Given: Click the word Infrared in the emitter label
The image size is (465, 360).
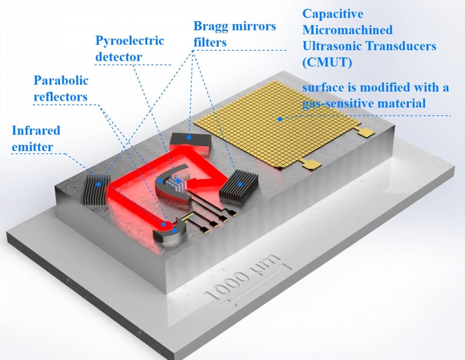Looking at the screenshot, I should tap(36, 130).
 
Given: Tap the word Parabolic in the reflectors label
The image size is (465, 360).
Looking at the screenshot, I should tap(61, 80).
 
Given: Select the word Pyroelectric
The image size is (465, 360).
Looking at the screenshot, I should tap(130, 41).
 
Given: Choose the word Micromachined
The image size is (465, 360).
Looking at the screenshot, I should tap(348, 30).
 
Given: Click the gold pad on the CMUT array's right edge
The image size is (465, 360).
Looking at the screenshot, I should tap(366, 131).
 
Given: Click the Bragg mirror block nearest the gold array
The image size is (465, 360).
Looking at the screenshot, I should tap(239, 185).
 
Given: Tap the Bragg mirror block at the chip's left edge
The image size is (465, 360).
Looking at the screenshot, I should tap(97, 189).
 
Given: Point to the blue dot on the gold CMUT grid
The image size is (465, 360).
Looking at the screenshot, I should tap(280, 119).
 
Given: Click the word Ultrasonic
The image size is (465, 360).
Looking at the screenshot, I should tap(331, 45).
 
